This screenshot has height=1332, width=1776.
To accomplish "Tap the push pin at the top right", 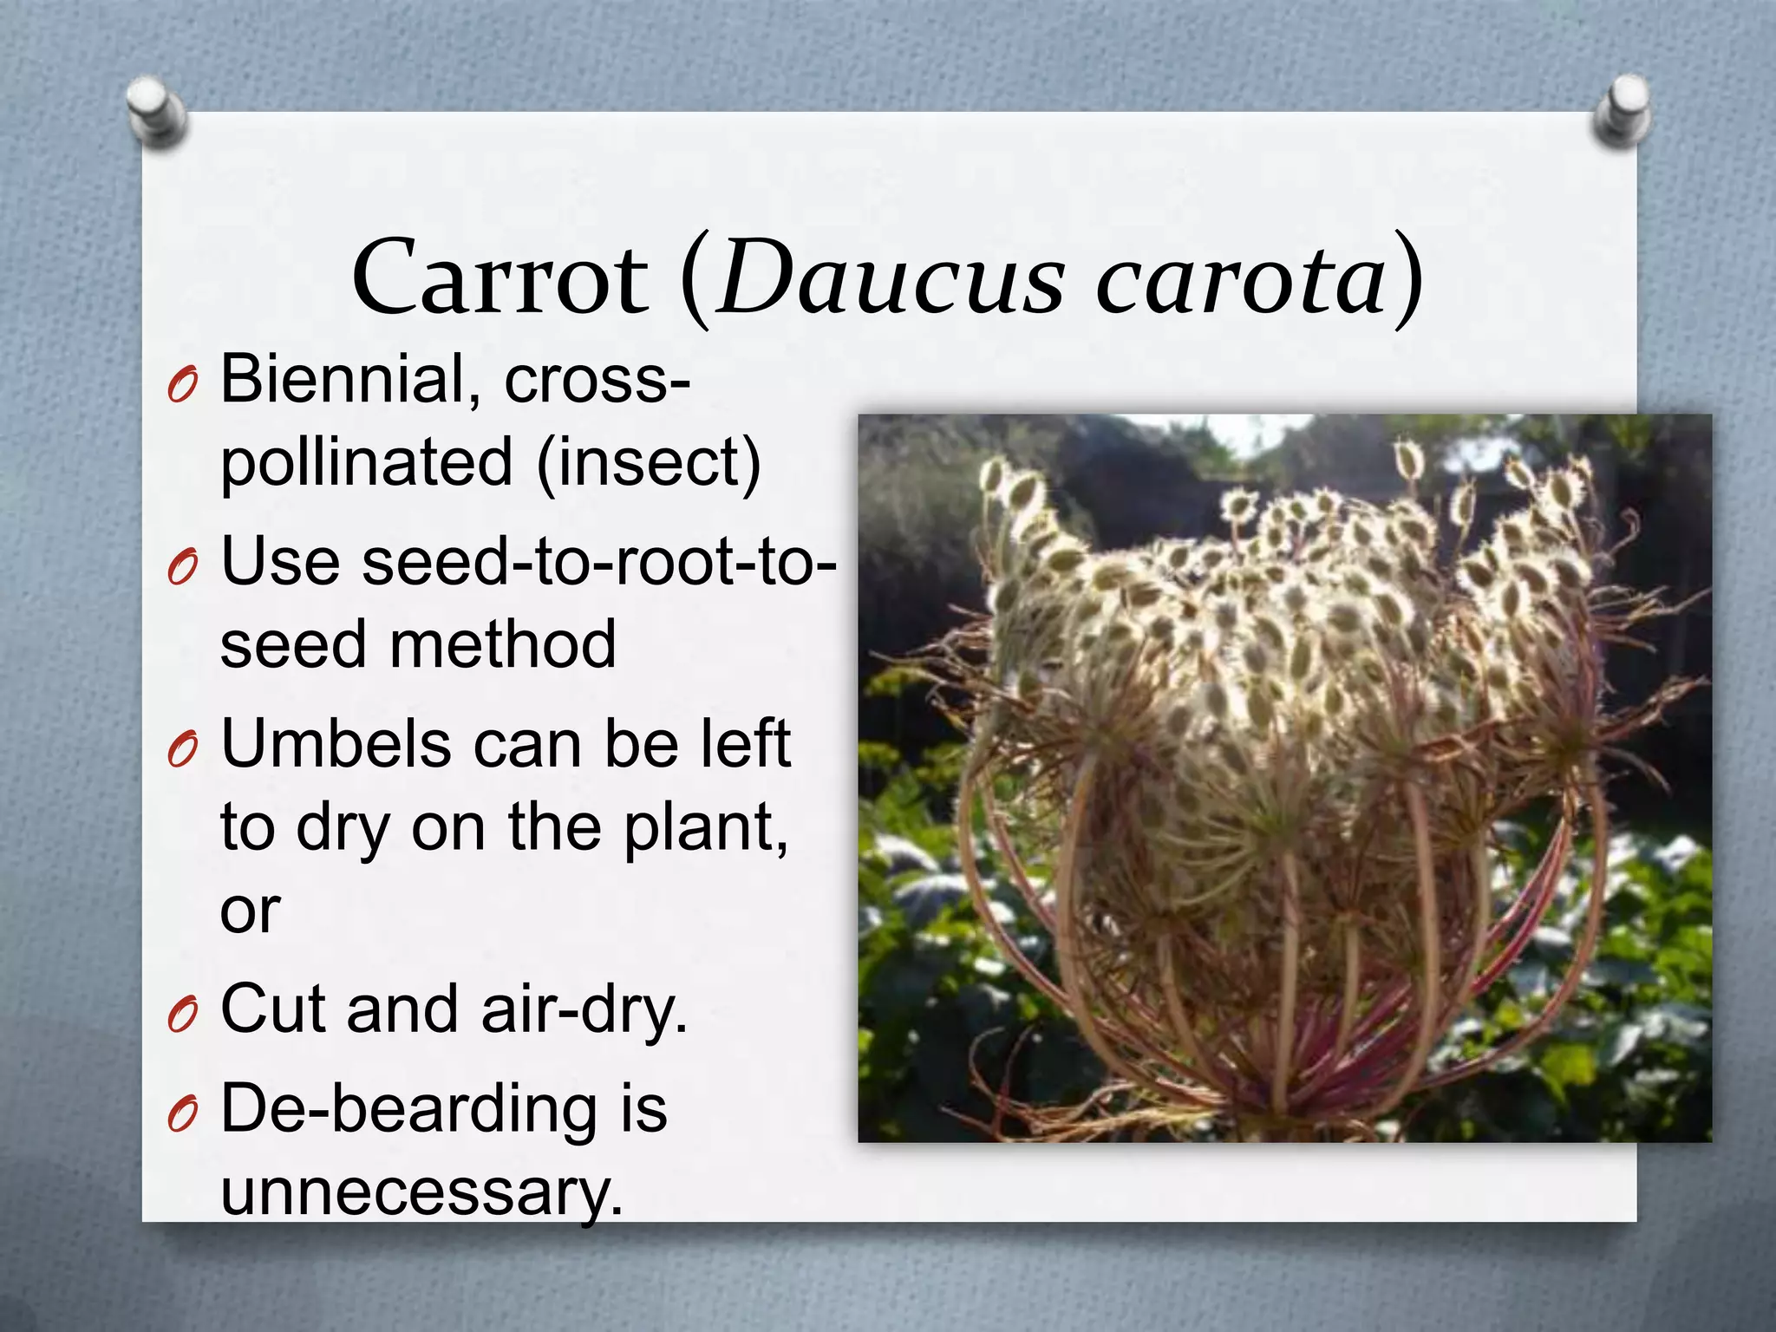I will [x=1621, y=111].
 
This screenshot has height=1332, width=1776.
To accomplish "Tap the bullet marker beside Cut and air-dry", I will [x=183, y=1013].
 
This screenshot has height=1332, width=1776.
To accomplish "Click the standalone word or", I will [x=250, y=911].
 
